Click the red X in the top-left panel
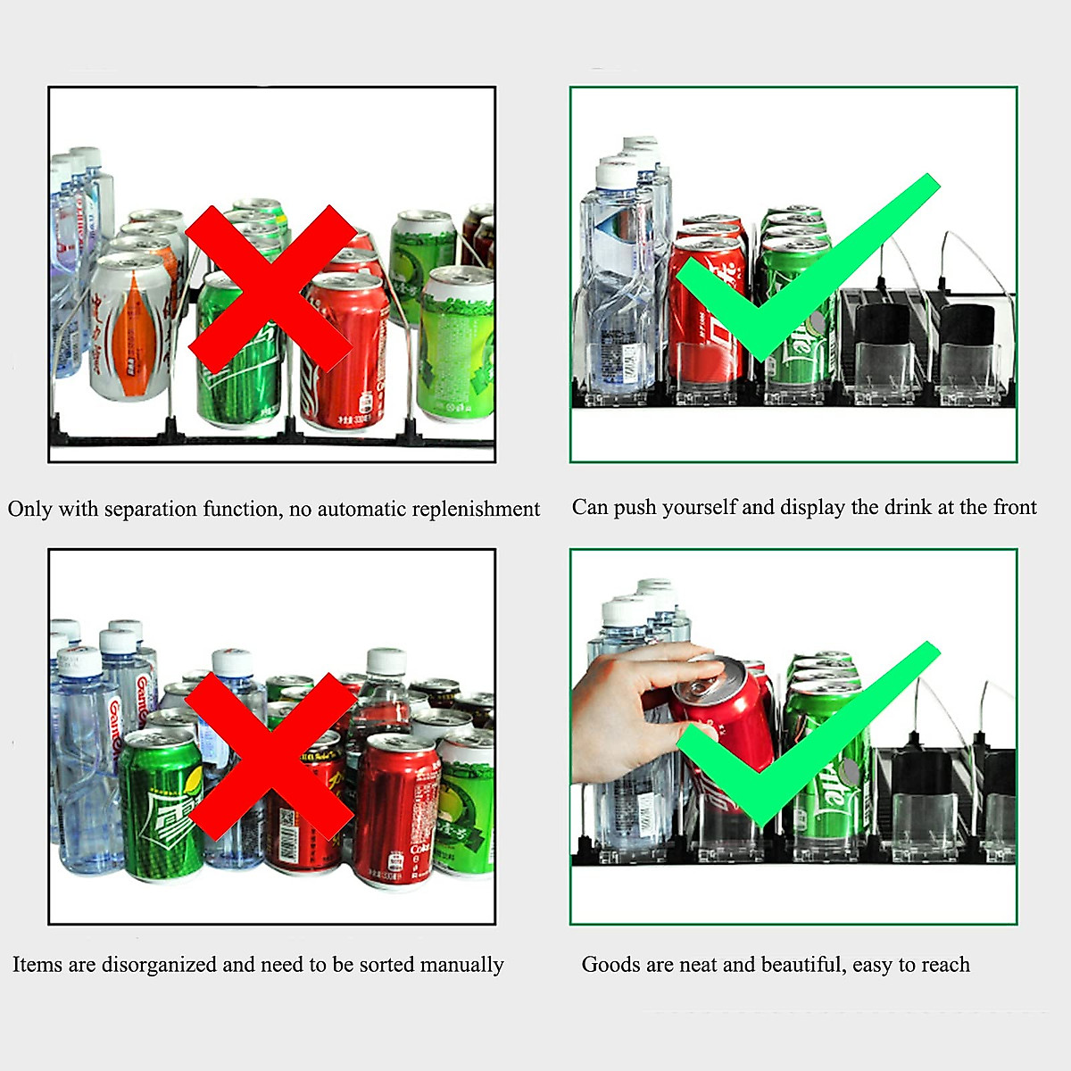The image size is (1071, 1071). (270, 287)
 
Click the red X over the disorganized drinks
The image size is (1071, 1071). (270, 755)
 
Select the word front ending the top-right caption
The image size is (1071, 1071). (1015, 508)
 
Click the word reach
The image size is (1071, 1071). (945, 965)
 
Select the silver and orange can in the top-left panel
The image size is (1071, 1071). (131, 326)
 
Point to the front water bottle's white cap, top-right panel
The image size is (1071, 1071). (617, 173)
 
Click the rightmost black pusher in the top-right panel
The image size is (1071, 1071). (967, 326)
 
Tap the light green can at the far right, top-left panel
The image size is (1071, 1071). (458, 344)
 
